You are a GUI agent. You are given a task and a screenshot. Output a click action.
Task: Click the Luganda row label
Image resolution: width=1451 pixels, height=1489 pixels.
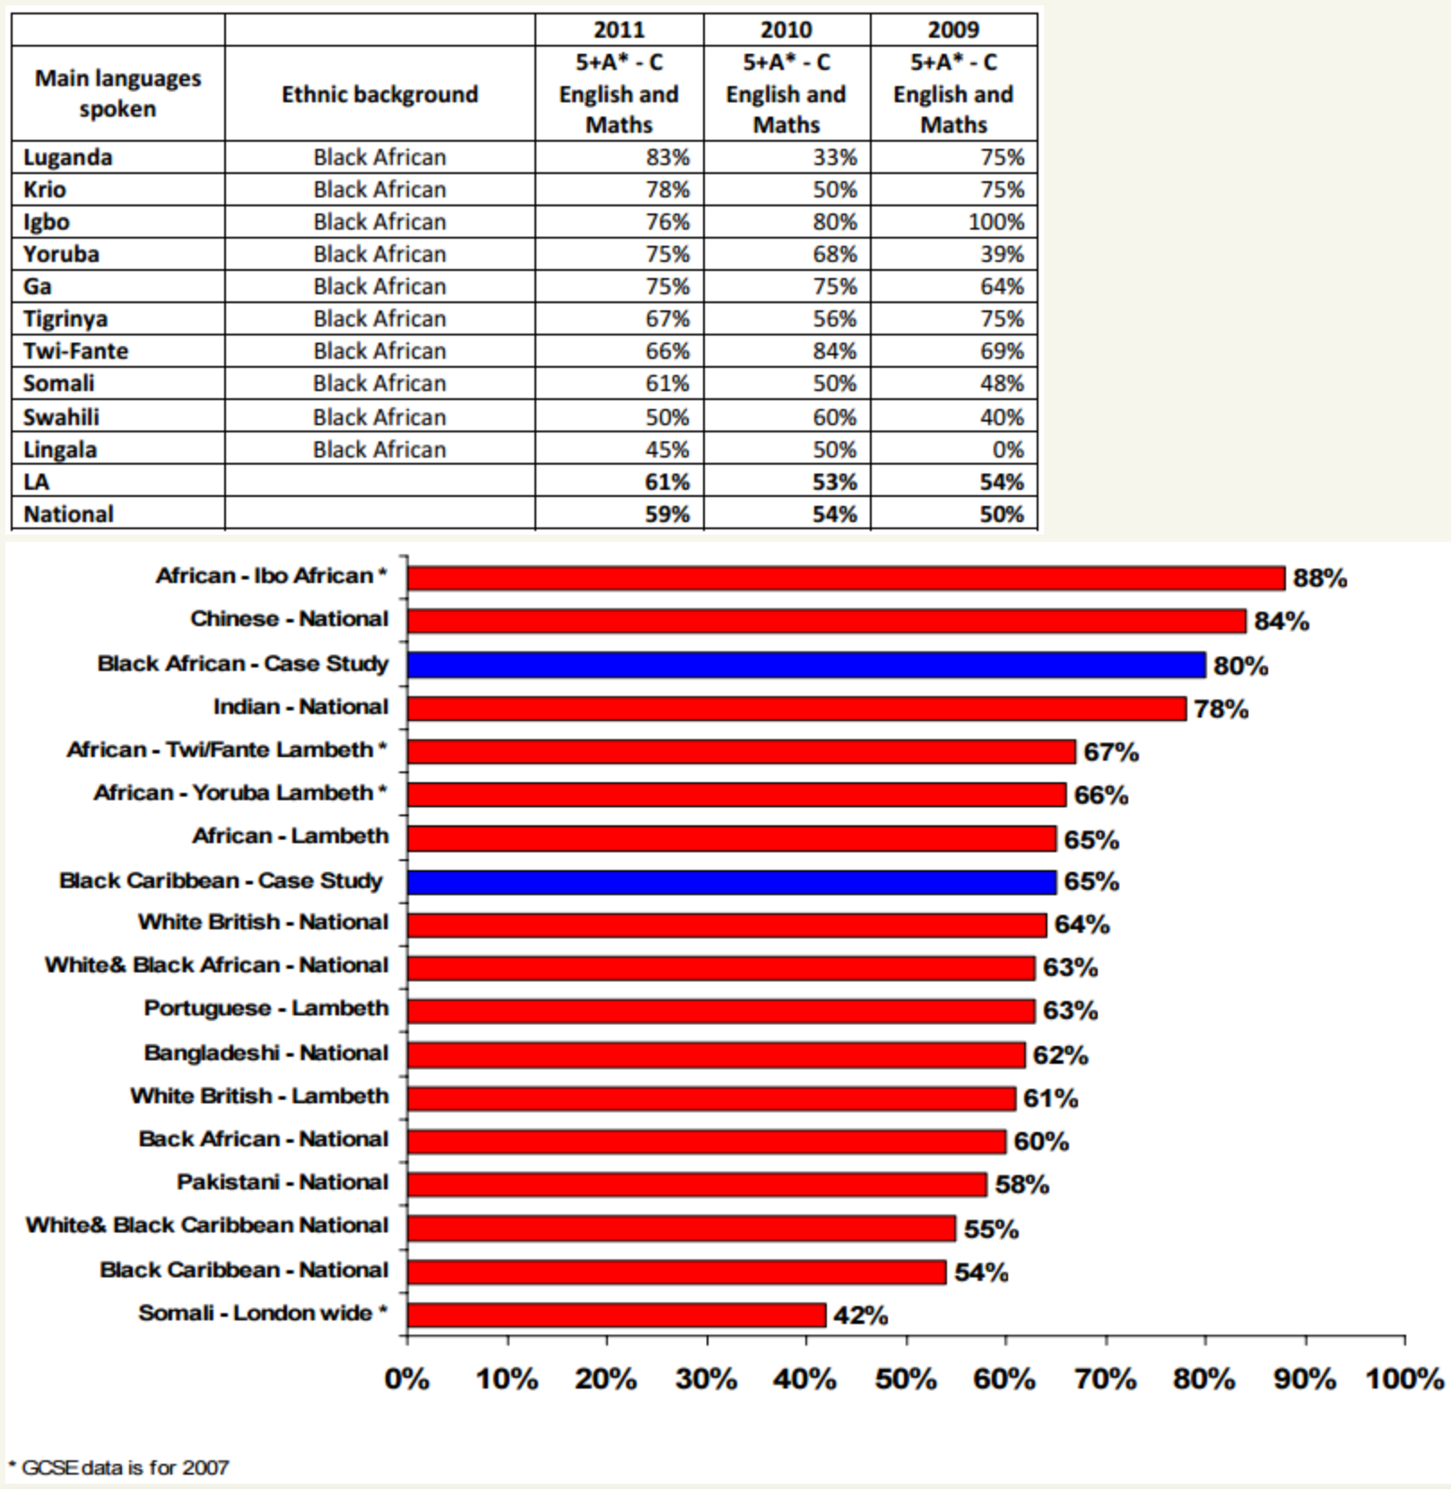point(68,158)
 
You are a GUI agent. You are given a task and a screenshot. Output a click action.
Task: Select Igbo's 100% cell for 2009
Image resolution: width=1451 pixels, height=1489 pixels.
point(995,222)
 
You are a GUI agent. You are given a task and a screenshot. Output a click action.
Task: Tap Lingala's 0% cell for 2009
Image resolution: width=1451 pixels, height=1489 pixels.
point(1007,449)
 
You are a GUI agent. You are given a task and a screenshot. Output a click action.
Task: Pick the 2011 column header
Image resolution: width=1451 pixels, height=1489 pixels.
point(619,30)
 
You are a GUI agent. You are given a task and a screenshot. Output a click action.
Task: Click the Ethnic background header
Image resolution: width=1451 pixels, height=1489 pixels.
point(379,94)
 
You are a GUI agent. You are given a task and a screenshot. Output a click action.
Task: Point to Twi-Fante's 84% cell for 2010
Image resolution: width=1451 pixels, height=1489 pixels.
point(834,352)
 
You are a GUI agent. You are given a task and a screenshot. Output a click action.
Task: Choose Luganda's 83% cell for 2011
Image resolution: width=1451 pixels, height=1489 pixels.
point(667,158)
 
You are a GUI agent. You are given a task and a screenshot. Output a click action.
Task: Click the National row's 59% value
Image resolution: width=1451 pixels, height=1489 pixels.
point(667,515)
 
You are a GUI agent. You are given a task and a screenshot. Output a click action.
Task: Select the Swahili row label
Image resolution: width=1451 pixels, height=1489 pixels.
point(61,417)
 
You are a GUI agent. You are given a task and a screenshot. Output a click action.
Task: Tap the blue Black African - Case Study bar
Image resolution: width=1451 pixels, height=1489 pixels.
point(805,665)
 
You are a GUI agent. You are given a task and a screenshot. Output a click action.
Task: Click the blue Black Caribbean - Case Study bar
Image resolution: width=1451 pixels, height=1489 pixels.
point(731,882)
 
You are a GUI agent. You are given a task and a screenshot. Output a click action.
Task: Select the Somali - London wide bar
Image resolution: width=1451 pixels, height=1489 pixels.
point(616,1315)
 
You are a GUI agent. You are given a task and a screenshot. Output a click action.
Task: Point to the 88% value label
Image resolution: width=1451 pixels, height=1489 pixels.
point(1319,579)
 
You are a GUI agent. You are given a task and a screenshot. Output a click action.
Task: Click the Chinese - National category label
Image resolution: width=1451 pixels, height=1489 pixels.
point(289,619)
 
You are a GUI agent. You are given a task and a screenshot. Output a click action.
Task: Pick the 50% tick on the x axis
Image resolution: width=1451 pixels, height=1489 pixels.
point(906,1379)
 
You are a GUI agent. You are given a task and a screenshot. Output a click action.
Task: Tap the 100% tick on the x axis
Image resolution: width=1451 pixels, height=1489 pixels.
point(1403,1379)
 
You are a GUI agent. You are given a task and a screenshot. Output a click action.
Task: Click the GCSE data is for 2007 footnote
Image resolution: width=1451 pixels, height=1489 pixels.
point(118,1468)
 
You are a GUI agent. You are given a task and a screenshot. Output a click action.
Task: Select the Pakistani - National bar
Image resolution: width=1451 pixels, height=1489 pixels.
point(696,1184)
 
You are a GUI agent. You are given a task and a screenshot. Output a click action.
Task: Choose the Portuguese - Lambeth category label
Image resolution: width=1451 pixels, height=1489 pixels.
point(266,1008)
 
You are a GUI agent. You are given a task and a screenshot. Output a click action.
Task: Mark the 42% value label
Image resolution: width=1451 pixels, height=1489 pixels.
point(860,1316)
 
